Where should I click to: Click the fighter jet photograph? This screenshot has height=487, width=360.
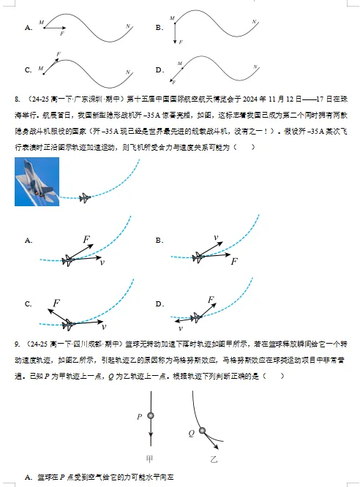point(37,181)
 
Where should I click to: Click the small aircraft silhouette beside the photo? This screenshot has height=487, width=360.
point(85,197)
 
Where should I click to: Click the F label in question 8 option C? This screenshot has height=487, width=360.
point(56,302)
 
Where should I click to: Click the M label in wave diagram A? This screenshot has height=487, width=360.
point(42,20)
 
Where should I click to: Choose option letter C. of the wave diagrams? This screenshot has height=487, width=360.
point(28,70)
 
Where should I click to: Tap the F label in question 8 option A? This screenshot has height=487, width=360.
point(86,239)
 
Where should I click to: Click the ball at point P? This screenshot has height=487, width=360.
point(151,416)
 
